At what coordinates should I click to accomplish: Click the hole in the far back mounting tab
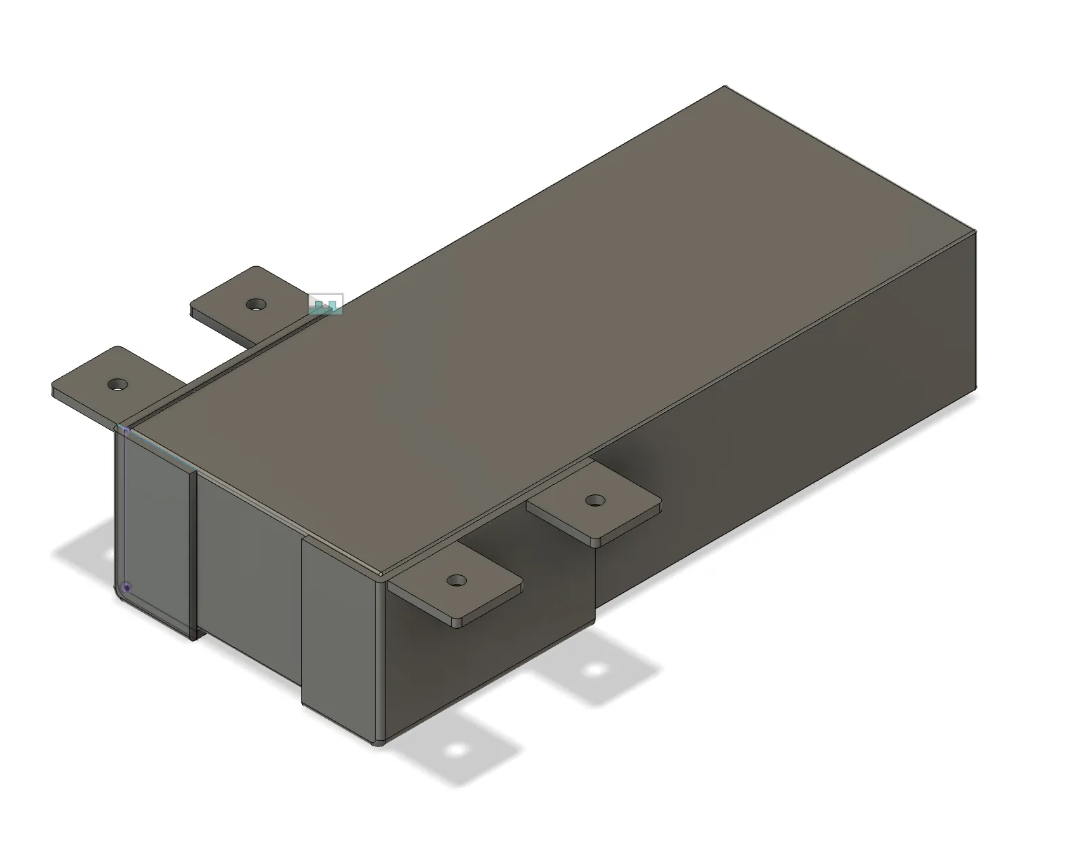255,304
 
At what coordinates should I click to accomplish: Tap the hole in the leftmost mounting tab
117,384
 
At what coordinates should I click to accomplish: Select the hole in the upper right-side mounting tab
595,500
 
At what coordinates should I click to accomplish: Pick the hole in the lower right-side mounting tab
457,581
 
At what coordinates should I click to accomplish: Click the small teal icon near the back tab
326,304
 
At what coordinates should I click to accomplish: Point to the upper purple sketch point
126,431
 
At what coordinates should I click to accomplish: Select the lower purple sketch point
126,587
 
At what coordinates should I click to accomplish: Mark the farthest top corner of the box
725,87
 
